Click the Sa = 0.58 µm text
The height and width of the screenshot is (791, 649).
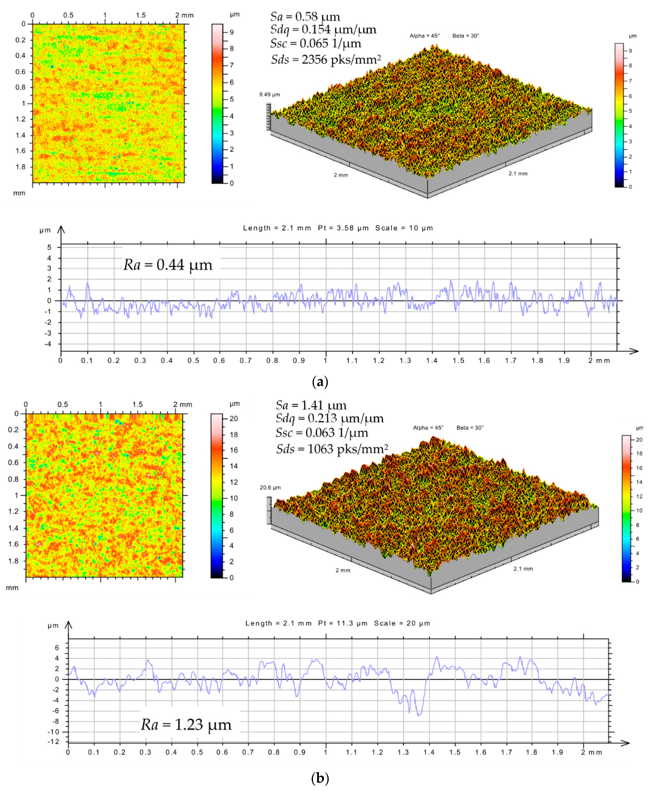(305, 16)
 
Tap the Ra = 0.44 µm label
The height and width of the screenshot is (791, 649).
(168, 265)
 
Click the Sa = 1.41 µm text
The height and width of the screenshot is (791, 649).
(311, 405)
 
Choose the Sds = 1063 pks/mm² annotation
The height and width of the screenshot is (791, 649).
(332, 449)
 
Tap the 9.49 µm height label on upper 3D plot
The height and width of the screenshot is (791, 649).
(269, 95)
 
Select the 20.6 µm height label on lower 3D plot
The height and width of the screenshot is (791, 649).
(270, 488)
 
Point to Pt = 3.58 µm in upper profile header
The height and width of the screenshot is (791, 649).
(343, 228)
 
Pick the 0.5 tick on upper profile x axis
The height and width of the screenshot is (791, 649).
(193, 361)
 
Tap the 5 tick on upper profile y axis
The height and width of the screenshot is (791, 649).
(49, 247)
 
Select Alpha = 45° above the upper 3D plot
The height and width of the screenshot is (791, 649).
(424, 36)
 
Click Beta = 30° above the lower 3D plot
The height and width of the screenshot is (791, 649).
(470, 428)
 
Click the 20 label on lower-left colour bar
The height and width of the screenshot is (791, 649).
(234, 419)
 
